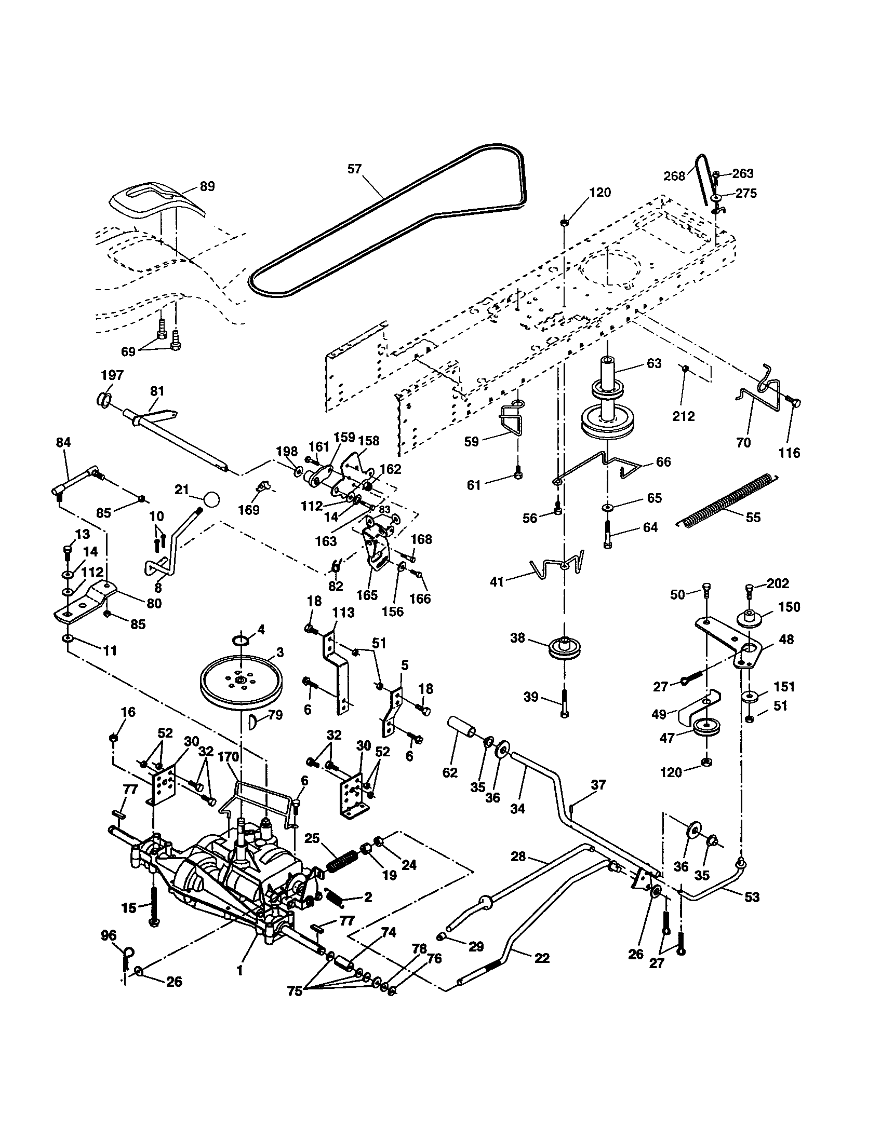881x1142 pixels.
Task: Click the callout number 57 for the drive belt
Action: point(354,169)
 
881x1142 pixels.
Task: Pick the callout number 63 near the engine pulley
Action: point(654,363)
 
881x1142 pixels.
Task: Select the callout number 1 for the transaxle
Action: point(239,971)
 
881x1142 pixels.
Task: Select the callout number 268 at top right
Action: point(674,176)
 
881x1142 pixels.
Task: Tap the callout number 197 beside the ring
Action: point(112,375)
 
